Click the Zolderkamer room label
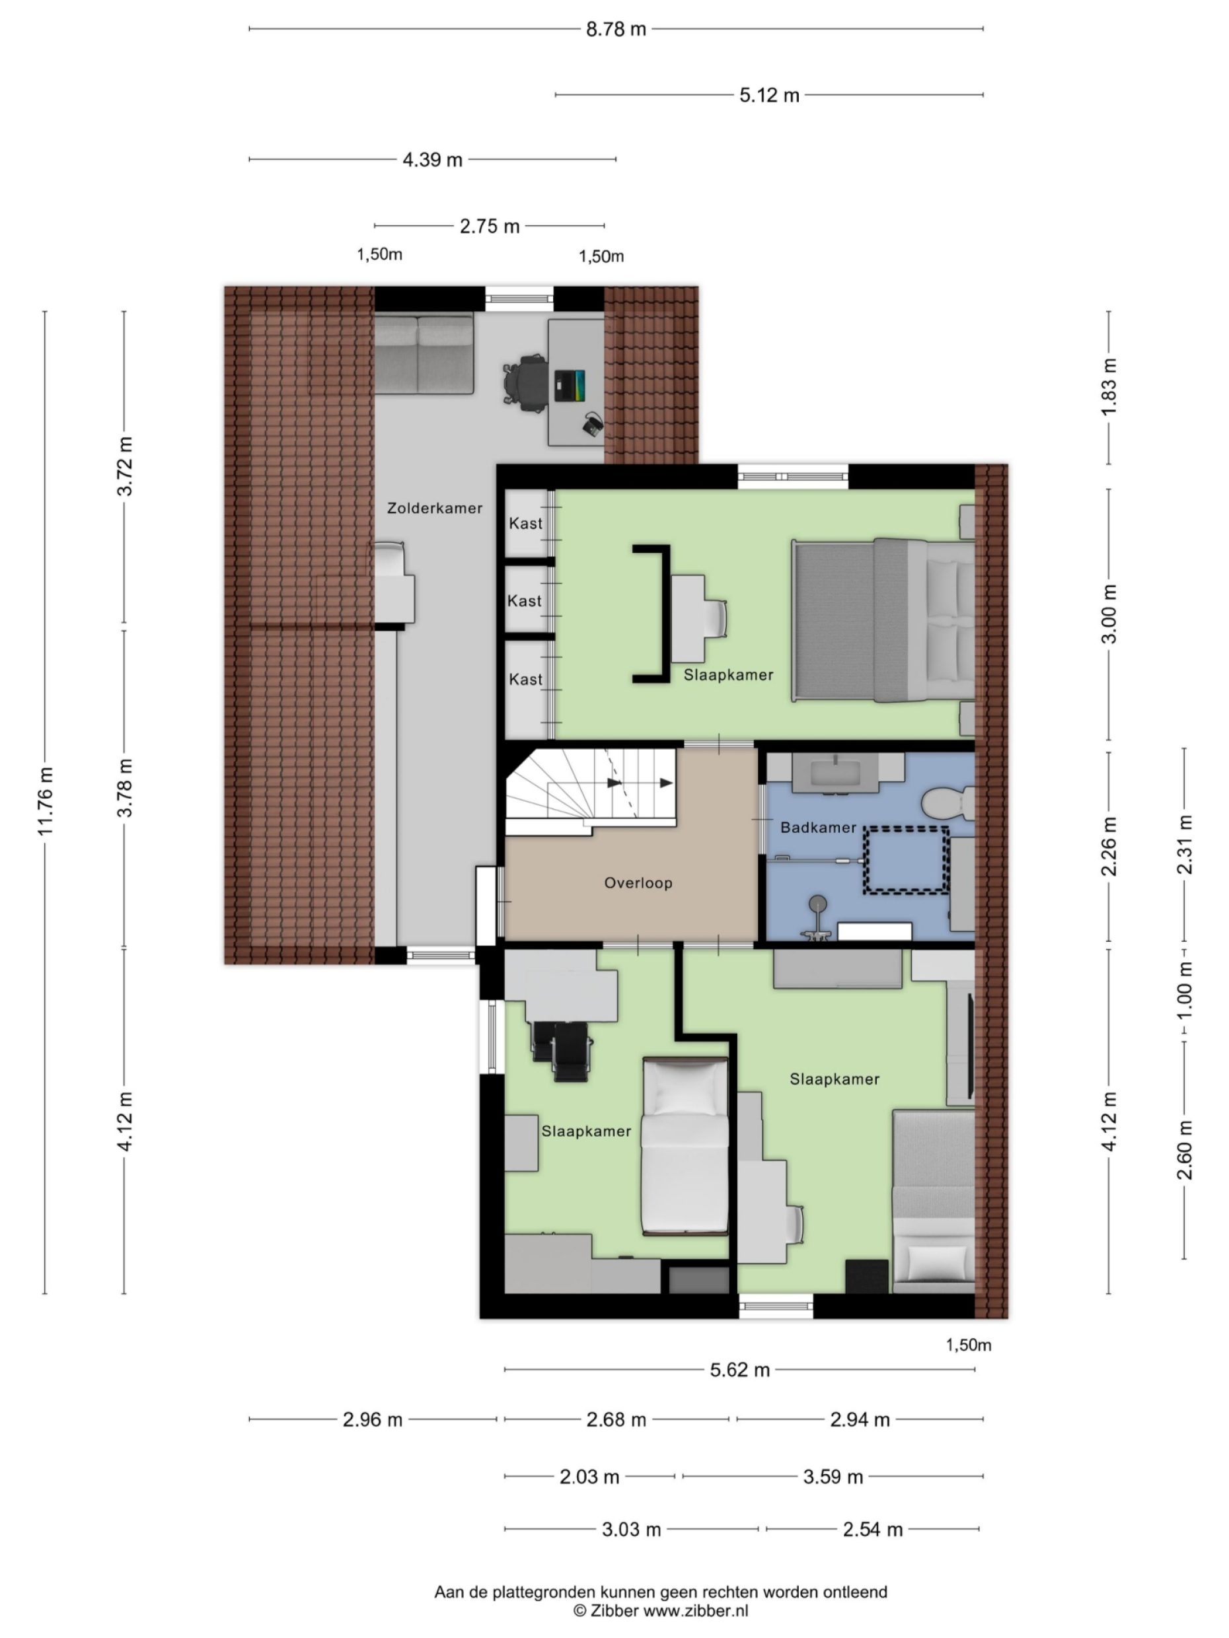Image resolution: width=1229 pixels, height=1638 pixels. tap(434, 508)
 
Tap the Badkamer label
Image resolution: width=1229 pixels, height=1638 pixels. tap(818, 827)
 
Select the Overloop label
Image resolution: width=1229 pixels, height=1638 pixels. tap(638, 882)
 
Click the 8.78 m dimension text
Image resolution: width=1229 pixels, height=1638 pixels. tap(616, 30)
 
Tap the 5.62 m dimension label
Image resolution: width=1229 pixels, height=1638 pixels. tap(739, 1370)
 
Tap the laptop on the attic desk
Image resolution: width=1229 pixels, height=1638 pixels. tap(569, 385)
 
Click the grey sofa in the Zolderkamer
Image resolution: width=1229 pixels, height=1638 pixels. tap(423, 353)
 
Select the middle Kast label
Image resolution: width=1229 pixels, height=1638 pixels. tap(525, 601)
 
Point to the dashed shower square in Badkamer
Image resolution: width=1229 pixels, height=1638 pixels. tap(906, 859)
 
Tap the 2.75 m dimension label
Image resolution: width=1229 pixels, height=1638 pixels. tap(489, 227)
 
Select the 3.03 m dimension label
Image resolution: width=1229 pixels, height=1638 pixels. tap(630, 1529)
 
